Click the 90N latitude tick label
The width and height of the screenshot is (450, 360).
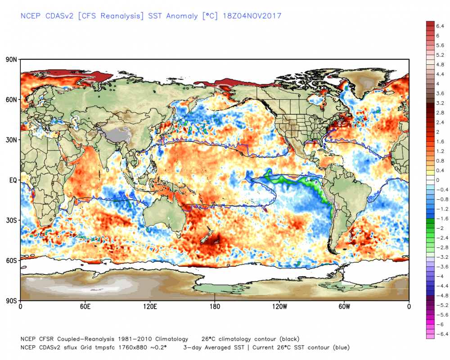coord(11,59)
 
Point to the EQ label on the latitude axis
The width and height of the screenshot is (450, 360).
coord(12,180)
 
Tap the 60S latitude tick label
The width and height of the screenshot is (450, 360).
coord(11,261)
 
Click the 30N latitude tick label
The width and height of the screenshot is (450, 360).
coord(11,140)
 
